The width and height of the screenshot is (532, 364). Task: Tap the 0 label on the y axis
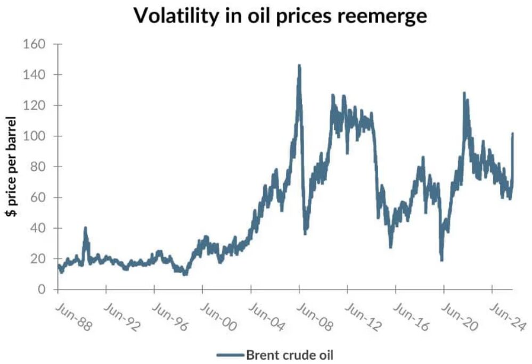tap(45, 289)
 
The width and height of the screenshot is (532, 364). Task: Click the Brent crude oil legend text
tap(289, 354)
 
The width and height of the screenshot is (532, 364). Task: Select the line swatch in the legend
tap(230, 354)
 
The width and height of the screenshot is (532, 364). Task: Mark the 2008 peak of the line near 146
tap(299, 65)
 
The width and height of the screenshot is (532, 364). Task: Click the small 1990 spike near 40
tap(85, 228)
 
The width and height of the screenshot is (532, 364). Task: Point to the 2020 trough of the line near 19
tap(441, 260)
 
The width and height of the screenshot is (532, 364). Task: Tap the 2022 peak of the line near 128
tap(464, 93)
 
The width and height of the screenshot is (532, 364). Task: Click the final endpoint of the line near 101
tap(512, 134)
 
